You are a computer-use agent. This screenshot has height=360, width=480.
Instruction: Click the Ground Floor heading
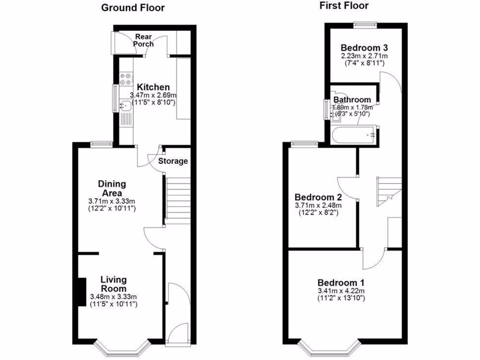tap(133, 7)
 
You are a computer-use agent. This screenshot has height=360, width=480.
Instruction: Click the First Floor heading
tap(344, 6)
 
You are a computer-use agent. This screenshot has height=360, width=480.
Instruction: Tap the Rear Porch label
tap(143, 40)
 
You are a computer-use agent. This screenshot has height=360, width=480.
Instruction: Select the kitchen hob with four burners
tap(125, 79)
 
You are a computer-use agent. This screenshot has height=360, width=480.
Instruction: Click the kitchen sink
tap(125, 106)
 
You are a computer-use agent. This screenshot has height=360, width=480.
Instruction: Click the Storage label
tap(172, 161)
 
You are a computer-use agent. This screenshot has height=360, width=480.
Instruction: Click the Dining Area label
tap(112, 188)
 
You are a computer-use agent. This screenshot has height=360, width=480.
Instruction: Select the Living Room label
tap(113, 284)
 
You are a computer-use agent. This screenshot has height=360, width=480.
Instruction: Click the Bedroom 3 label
tap(364, 48)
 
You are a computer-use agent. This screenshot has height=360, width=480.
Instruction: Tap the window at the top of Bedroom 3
tap(365, 25)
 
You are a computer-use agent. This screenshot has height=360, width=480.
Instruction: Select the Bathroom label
tap(352, 100)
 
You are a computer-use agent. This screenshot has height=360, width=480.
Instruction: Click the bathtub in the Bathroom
tap(353, 135)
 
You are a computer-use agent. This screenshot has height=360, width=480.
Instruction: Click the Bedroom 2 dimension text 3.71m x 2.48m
tap(318, 205)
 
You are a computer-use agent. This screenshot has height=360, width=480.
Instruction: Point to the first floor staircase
tap(389, 191)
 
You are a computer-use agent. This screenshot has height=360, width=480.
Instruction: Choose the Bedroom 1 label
tap(341, 283)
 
